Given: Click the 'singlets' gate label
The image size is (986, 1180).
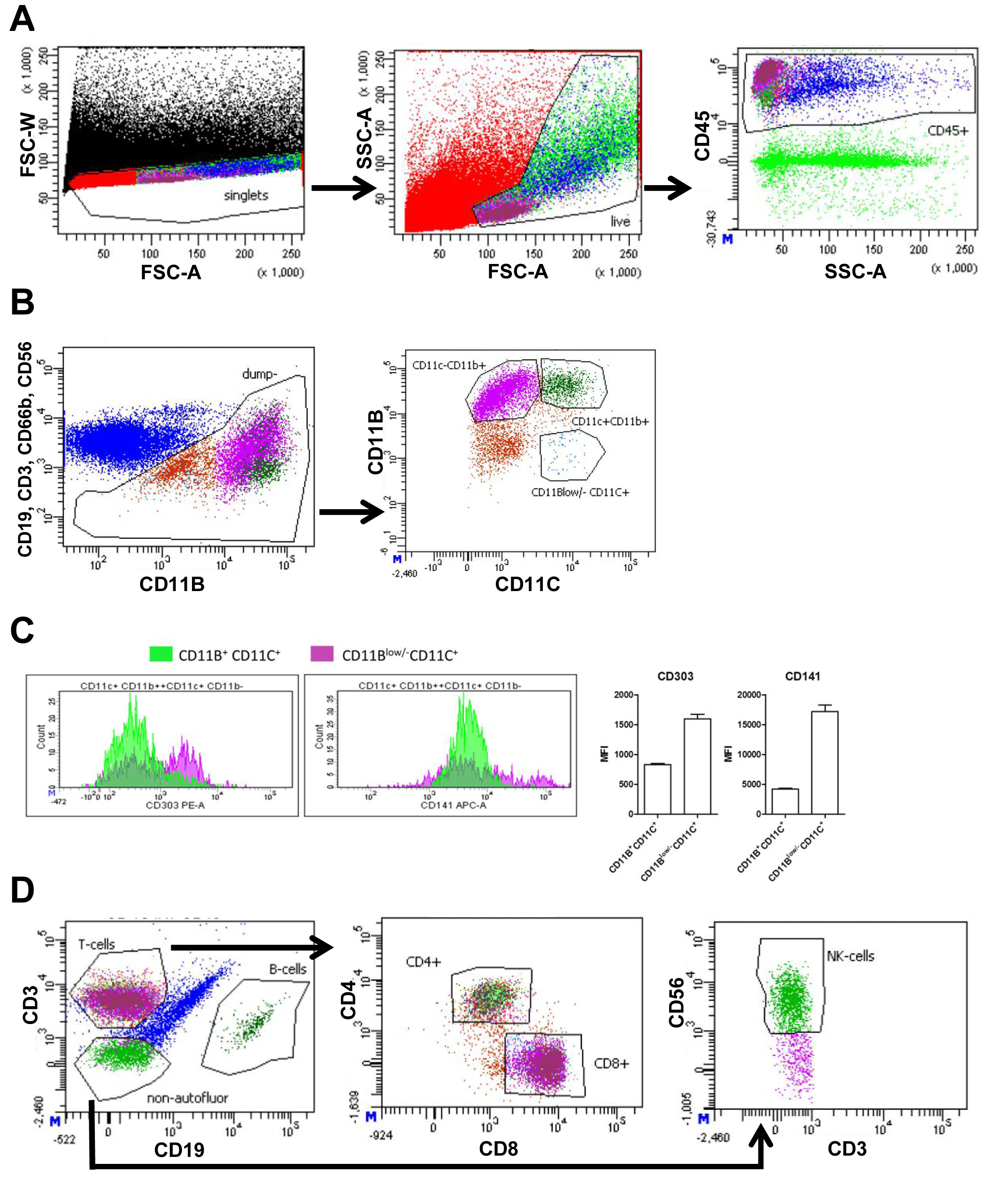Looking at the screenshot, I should [246, 196].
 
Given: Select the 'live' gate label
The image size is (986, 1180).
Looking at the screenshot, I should [620, 221].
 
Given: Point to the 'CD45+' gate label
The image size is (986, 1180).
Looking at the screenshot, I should [948, 131].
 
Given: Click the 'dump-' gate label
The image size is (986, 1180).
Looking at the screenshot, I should [259, 374].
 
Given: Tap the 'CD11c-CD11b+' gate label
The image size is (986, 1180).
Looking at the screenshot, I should [449, 366].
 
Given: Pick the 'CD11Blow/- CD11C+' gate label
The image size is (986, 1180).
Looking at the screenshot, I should [580, 493].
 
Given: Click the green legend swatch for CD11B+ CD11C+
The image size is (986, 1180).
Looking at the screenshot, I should [161, 654].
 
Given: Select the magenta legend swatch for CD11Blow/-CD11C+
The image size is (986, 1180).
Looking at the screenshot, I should [322, 654].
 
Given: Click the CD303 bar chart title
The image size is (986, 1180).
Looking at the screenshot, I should [675, 676].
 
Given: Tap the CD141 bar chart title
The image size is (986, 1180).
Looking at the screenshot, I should [802, 676].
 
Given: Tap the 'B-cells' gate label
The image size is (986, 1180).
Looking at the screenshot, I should [287, 969].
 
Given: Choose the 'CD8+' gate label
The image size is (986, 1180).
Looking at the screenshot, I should [612, 1064].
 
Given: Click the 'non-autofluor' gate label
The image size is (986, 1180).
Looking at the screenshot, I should [188, 1098].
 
